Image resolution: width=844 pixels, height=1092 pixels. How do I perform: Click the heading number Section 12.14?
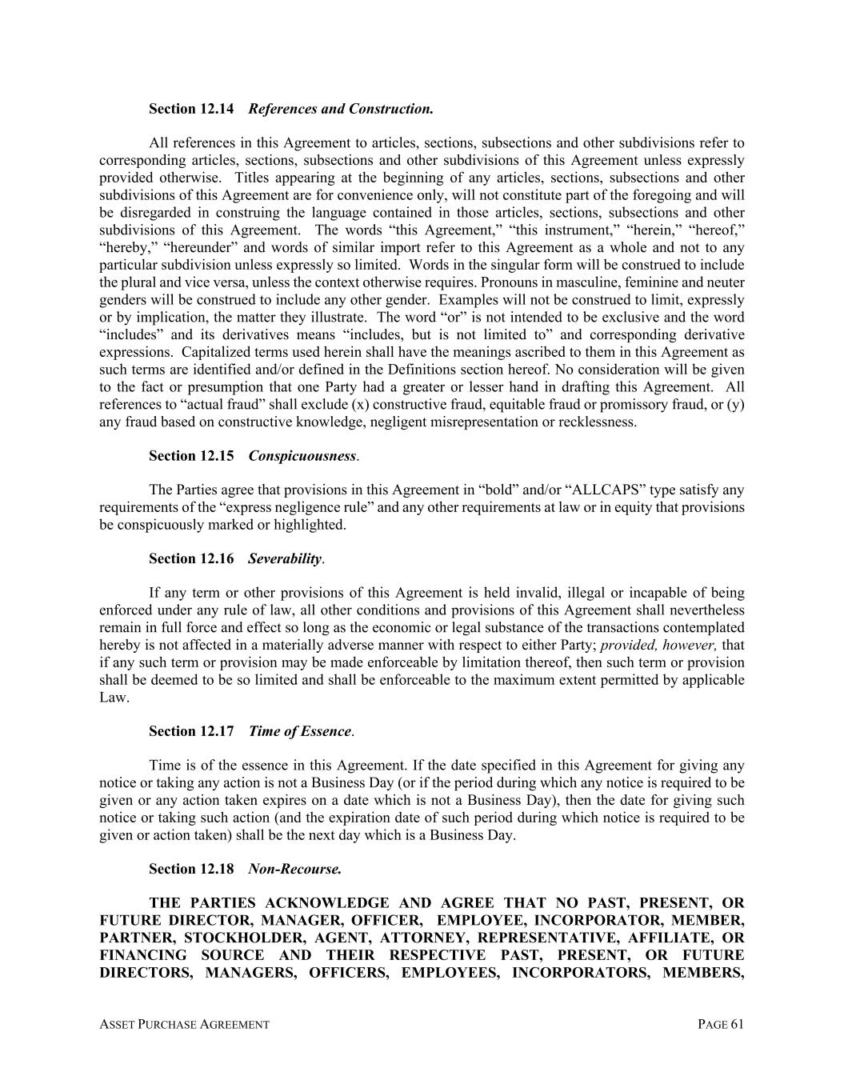tap(191, 108)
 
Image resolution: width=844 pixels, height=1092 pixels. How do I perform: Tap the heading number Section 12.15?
tap(191, 455)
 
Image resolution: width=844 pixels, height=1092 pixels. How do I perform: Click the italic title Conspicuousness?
tap(302, 455)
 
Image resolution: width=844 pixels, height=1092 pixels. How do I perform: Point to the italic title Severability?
tap(285, 558)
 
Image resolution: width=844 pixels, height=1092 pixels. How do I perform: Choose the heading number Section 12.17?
tap(191, 731)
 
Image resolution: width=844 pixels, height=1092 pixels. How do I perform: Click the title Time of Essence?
tap(300, 731)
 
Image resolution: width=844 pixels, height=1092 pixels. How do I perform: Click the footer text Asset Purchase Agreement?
tap(184, 1024)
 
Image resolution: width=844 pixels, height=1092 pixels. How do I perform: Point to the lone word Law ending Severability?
tap(113, 698)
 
